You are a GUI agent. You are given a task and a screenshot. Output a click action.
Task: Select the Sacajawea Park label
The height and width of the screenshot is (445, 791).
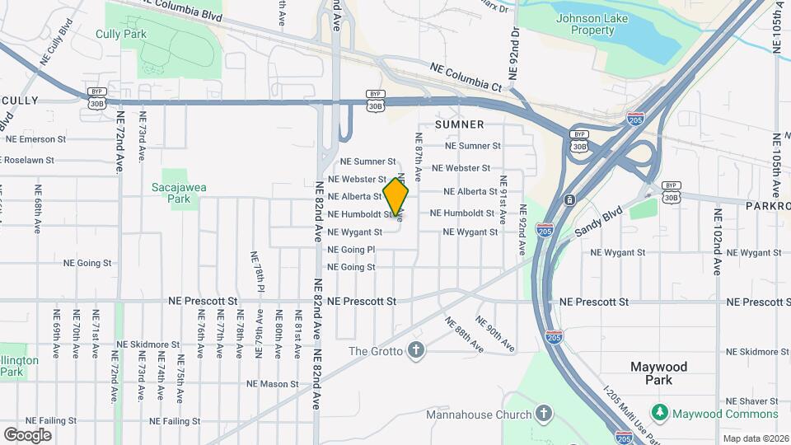pos(179,193)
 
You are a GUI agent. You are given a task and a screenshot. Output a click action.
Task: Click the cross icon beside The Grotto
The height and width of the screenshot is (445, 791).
pos(416,351)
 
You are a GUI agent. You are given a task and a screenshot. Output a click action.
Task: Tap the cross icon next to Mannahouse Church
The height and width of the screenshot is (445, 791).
pos(543,413)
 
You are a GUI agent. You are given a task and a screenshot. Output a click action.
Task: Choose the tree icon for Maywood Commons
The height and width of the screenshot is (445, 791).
pos(659,412)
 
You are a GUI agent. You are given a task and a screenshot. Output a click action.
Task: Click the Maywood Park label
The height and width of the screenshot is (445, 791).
pos(658,373)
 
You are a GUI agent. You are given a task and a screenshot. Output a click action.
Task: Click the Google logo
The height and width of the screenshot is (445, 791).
pos(27,434)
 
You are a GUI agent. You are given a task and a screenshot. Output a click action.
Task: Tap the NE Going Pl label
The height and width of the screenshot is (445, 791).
pos(351,250)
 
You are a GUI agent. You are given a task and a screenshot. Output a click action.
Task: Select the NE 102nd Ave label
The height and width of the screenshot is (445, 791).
pos(718,241)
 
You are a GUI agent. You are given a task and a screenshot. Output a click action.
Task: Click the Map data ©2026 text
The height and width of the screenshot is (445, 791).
pos(755,438)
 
